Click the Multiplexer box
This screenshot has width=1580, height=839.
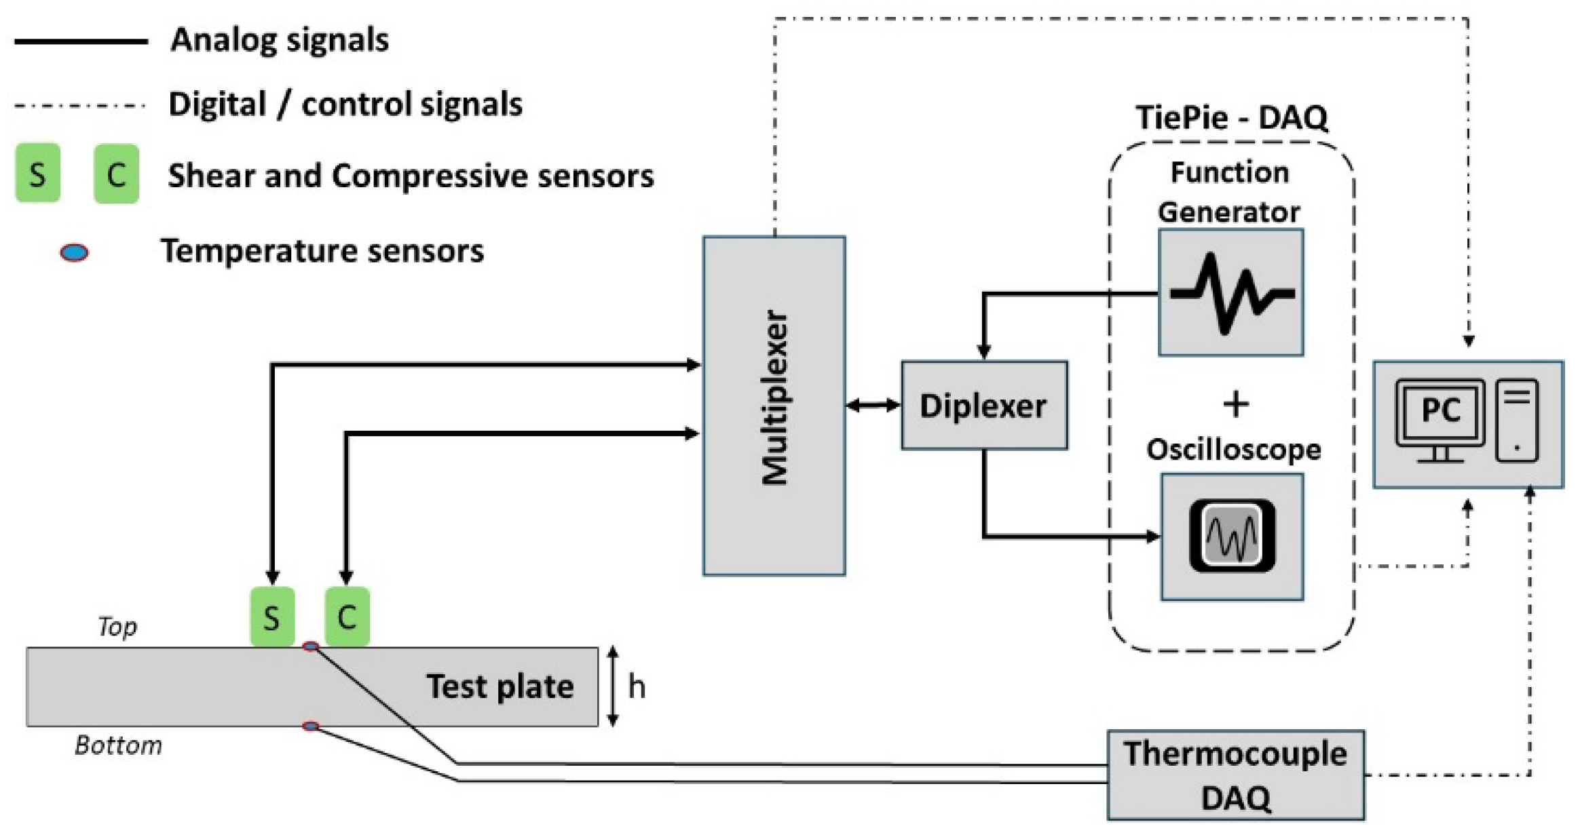(774, 406)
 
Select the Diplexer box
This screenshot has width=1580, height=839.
(983, 406)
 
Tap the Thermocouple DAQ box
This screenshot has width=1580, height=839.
(1235, 775)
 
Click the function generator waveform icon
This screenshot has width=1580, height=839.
(1231, 293)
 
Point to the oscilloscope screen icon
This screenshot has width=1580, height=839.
(1232, 536)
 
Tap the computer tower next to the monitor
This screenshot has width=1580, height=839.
(1517, 421)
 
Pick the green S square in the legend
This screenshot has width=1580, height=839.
(37, 174)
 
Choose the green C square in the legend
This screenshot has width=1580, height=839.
(116, 174)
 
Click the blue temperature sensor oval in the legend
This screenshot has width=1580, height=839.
(74, 253)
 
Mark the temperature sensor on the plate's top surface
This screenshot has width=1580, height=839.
(311, 646)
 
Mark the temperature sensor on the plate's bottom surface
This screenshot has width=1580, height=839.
(311, 726)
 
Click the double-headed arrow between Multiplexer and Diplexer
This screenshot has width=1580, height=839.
(873, 406)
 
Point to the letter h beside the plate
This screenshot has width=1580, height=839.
(636, 686)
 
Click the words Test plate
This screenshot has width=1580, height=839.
(500, 686)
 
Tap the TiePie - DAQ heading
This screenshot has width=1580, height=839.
(1231, 117)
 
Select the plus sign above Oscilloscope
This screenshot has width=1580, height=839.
(1236, 404)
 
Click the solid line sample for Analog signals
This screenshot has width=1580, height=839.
(81, 41)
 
